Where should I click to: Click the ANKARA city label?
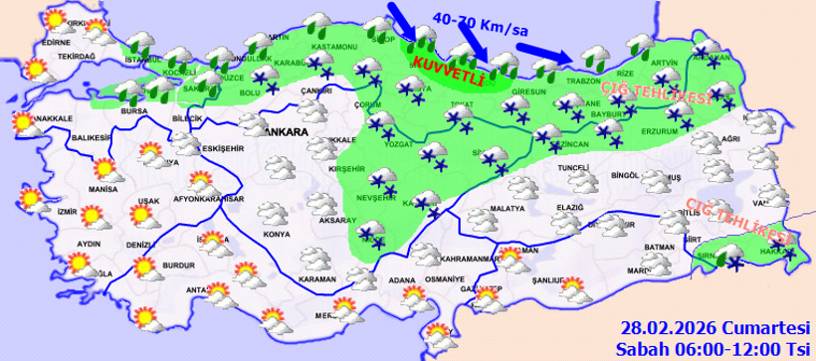[285, 130]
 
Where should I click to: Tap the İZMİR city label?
[68, 212]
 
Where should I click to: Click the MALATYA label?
[507, 208]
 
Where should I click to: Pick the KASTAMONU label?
[332, 48]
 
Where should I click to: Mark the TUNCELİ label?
[573, 169]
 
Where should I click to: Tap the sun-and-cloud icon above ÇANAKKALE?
[22, 122]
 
